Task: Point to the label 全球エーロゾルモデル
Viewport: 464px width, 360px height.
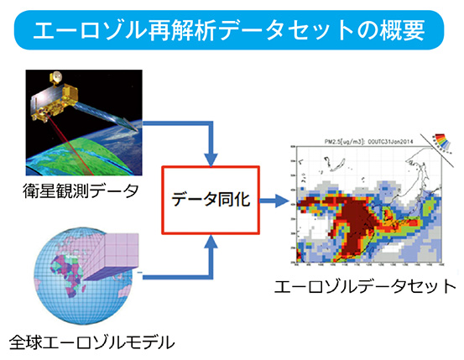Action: (81, 342)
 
